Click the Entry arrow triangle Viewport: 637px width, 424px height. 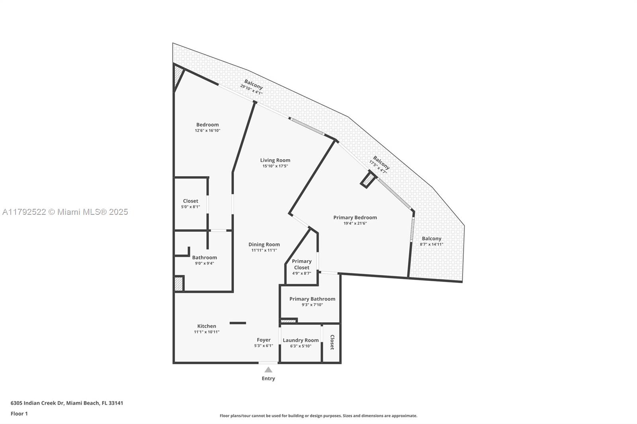tap(268, 370)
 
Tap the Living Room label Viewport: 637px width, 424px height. tap(275, 160)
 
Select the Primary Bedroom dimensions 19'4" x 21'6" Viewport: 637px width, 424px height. tap(355, 224)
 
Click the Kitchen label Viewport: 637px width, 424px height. tap(207, 326)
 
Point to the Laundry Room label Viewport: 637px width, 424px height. tap(301, 340)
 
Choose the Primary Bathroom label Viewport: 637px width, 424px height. tap(312, 299)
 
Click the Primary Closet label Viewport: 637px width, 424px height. tap(301, 264)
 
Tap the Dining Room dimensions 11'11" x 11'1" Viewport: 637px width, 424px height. tap(264, 250)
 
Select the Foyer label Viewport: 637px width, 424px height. tap(264, 340)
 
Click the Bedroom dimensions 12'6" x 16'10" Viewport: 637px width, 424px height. tap(207, 130)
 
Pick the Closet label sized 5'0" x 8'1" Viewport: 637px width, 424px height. tap(190, 201)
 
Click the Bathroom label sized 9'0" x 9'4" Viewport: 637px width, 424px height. tap(204, 257)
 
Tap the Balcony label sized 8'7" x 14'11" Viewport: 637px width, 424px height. tap(432, 239)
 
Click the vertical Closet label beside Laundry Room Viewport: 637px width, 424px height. tap(332, 342)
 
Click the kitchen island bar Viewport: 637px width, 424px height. tap(238, 323)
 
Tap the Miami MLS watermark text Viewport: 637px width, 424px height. tap(65, 212)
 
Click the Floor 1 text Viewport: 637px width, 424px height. tap(19, 414)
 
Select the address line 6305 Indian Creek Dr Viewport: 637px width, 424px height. tap(67, 403)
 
